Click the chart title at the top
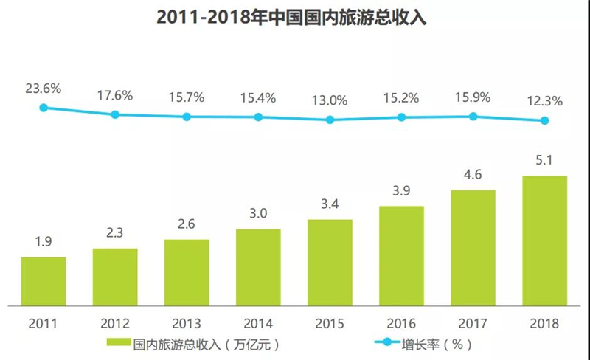291,18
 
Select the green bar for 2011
44,281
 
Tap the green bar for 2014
258,267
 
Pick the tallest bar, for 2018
544,240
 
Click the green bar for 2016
401,256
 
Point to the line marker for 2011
44,108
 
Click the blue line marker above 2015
330,120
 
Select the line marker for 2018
544,121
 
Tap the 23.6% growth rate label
44,89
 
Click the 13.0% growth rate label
330,100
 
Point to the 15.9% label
473,97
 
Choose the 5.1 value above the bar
544,160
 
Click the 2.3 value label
115,232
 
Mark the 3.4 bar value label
330,204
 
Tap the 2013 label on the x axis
187,323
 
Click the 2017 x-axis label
473,323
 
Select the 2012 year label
115,323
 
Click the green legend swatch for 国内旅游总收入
119,342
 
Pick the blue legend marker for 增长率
387,342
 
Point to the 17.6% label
115,96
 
